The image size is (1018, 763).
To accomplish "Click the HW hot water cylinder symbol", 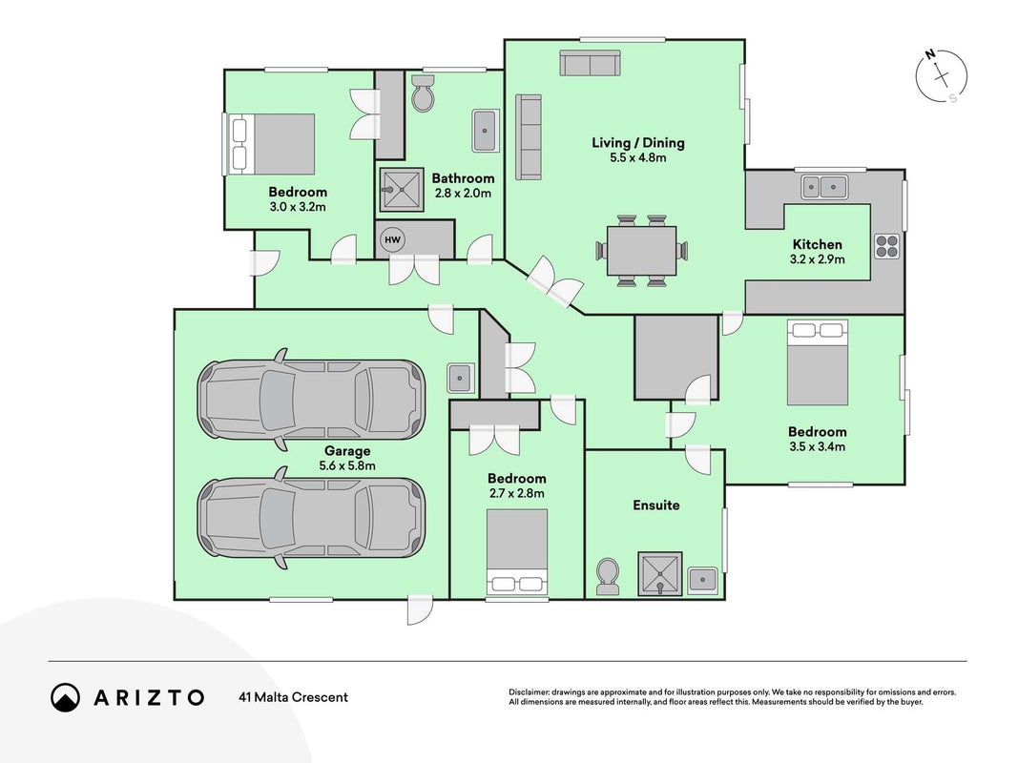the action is pyautogui.click(x=392, y=239).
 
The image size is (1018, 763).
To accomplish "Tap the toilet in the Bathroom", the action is pyautogui.click(x=424, y=93).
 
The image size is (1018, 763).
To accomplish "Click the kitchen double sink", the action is pyautogui.click(x=824, y=187).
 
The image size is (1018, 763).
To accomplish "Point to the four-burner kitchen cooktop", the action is pyautogui.click(x=887, y=246).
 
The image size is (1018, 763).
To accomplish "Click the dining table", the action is pyautogui.click(x=641, y=251).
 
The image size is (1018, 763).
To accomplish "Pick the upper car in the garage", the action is pyautogui.click(x=311, y=399).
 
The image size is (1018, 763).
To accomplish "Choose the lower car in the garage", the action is pyautogui.click(x=311, y=518).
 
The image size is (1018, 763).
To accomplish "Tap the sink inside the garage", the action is pyautogui.click(x=460, y=377).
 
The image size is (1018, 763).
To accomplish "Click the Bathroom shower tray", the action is pyautogui.click(x=402, y=190).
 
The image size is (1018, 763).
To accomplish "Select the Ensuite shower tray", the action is pyautogui.click(x=659, y=573).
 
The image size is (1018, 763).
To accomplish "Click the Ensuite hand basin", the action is pyautogui.click(x=702, y=579).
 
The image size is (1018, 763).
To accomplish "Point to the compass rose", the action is pyautogui.click(x=942, y=76).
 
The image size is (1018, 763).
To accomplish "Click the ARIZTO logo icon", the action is pyautogui.click(x=66, y=697).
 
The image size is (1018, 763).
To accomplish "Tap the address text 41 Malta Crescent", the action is pyautogui.click(x=294, y=697).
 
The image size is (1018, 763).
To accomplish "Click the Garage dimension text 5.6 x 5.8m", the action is pyautogui.click(x=347, y=465).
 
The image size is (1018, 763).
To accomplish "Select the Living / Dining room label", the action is pyautogui.click(x=638, y=143).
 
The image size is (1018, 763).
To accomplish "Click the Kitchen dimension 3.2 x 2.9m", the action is pyautogui.click(x=818, y=259).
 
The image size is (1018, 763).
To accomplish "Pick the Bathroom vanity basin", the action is pyautogui.click(x=485, y=131).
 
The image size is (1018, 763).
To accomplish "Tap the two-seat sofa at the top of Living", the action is pyautogui.click(x=591, y=64).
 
